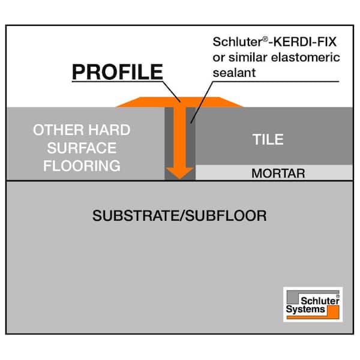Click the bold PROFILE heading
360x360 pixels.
[x=118, y=72]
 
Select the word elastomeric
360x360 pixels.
[x=305, y=57]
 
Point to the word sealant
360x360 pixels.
[x=234, y=73]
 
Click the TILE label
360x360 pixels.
[x=268, y=139]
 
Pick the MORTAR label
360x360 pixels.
[x=278, y=173]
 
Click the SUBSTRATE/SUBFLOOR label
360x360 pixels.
[x=179, y=215]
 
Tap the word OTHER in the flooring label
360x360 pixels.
[x=59, y=130]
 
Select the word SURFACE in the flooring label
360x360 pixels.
[x=82, y=148]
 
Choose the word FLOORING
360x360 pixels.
[x=82, y=166]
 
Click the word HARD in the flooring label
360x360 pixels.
[x=110, y=130]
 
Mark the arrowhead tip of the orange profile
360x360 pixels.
[x=180, y=178]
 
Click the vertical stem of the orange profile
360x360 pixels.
[x=180, y=137]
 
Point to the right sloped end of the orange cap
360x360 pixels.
[x=231, y=102]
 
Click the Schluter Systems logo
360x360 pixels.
[x=313, y=304]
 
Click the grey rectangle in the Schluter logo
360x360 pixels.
[x=293, y=298]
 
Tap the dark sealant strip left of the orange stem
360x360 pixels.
[x=169, y=143]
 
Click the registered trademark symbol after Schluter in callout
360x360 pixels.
[x=265, y=39]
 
